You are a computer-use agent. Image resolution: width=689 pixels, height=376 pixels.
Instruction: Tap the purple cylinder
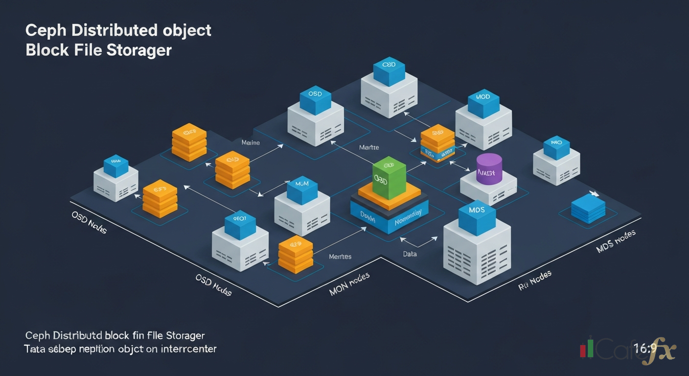489,169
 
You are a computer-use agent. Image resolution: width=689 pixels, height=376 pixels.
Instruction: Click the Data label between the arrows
410,254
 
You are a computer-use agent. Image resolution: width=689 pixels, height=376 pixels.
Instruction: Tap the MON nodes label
349,284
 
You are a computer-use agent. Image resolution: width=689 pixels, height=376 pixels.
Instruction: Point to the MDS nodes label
616,241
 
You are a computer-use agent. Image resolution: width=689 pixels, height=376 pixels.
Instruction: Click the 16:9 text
644,349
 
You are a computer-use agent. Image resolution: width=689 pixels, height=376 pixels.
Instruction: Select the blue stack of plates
588,208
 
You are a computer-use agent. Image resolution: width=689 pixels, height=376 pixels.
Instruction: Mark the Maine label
251,143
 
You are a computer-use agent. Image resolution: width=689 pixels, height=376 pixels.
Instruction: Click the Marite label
368,147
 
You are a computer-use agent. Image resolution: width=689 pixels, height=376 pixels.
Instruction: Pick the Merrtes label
340,256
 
